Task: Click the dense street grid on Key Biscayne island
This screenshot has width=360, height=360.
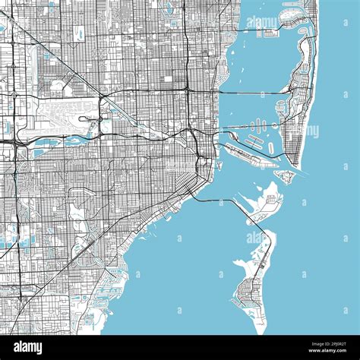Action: [x=248, y=292]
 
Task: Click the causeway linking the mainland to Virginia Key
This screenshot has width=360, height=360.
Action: [x=216, y=201]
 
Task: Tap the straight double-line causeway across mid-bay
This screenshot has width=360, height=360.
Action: [x=251, y=92]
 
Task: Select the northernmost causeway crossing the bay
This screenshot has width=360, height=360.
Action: [x=258, y=30]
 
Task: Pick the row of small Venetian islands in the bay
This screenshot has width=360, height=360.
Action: [x=258, y=124]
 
